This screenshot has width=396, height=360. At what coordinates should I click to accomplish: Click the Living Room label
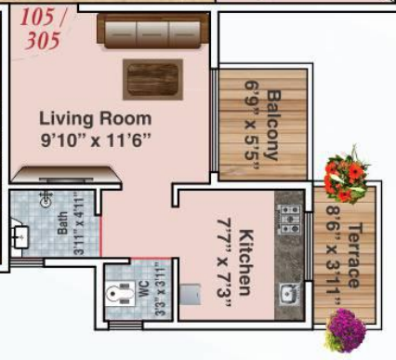[95, 119]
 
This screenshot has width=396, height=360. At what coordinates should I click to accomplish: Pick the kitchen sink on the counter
[289, 296]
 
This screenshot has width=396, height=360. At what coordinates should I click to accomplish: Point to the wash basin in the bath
[19, 238]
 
